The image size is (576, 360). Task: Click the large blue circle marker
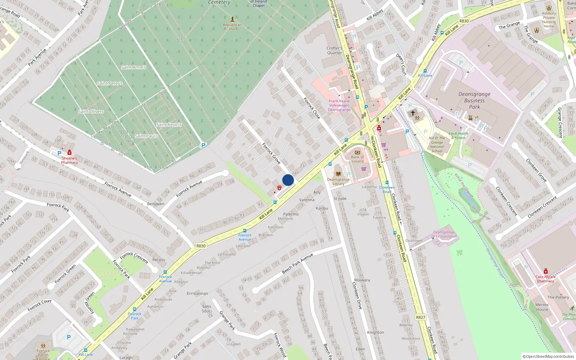288,180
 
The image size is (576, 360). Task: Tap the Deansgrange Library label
338,181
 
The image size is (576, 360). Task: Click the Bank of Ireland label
357,159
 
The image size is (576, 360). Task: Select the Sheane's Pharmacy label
69,160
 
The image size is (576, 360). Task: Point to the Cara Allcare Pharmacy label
545,279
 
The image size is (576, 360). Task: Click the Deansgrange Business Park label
474,100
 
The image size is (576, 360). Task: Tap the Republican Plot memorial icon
232,19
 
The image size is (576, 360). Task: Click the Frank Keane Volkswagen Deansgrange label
339,105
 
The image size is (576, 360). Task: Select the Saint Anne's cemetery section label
134,67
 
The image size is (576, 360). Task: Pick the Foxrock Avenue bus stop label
245,237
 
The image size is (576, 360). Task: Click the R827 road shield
420,317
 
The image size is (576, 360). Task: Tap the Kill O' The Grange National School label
437,144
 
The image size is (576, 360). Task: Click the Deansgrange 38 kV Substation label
444,234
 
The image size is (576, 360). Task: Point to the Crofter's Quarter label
334,50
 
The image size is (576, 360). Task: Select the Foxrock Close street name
312,108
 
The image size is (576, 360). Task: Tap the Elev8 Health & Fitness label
458,135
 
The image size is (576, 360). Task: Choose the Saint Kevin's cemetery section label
169,125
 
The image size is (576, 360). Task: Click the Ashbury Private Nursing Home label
549,20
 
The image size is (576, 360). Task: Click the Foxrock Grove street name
271,153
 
